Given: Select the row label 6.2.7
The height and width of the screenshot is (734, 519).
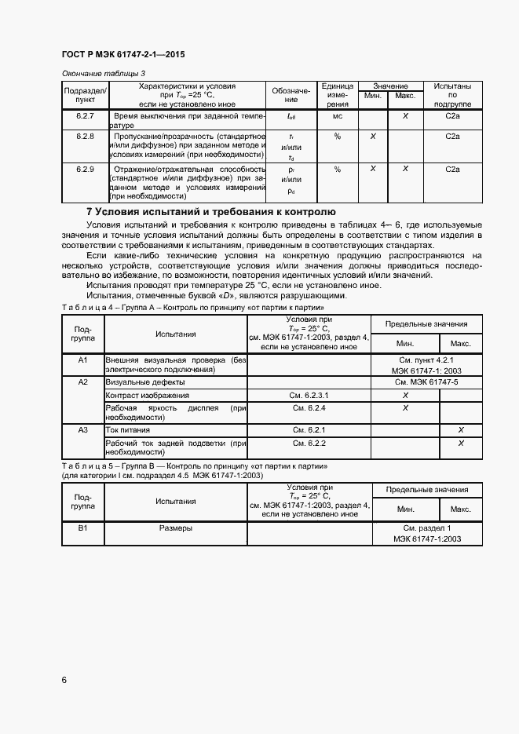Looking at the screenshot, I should click(85, 116).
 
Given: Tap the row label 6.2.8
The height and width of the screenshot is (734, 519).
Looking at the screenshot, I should click(85, 137).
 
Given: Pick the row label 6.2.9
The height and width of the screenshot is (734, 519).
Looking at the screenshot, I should click(85, 169).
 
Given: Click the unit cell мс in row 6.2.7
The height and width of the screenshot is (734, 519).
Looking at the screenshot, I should click(337, 116).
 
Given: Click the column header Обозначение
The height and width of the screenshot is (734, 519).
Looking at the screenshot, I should click(291, 95).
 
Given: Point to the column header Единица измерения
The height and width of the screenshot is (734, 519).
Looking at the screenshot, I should click(337, 95).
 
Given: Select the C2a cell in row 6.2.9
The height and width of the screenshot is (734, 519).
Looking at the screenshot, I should click(452, 169).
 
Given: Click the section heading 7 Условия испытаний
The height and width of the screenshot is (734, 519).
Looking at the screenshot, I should click(210, 212).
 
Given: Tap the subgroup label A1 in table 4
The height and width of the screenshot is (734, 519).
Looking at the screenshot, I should click(83, 360).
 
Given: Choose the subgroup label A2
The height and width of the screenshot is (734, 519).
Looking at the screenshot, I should click(83, 382).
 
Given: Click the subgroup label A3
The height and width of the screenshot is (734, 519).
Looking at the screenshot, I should click(83, 430).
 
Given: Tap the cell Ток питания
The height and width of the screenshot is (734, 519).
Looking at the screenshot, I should click(128, 430).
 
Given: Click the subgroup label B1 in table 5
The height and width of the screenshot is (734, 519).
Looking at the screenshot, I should click(83, 528).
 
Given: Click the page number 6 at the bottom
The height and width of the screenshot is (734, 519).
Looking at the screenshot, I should click(64, 679).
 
